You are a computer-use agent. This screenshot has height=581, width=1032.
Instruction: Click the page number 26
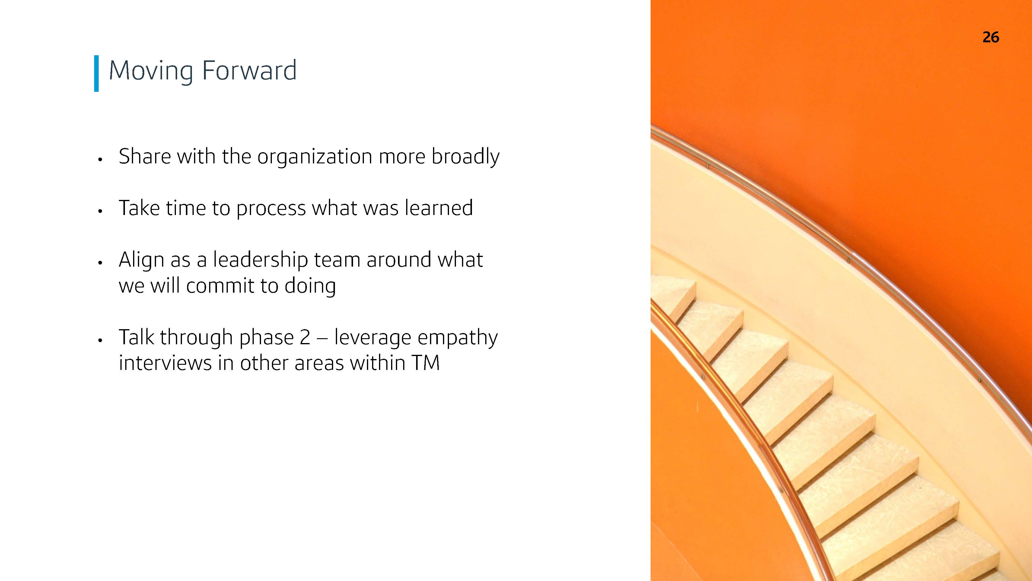click(x=991, y=37)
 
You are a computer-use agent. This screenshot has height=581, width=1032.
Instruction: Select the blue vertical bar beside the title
click(x=96, y=73)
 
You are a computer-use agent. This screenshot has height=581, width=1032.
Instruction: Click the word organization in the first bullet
click(x=314, y=157)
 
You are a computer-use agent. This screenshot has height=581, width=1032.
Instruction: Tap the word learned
click(x=439, y=208)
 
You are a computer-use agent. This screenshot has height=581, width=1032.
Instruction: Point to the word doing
click(x=310, y=286)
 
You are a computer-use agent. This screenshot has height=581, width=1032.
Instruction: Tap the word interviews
click(x=165, y=363)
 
